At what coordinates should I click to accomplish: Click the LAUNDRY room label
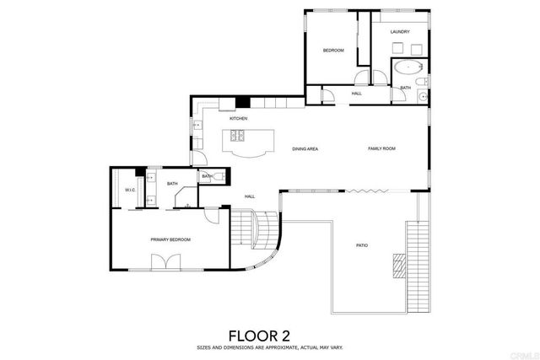point(400,33)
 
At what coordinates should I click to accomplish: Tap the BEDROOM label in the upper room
point(333,51)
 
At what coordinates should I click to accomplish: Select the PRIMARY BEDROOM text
point(170,239)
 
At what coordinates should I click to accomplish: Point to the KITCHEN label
point(238,119)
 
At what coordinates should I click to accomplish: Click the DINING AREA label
point(305,148)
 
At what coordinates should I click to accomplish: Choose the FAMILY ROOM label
point(381,148)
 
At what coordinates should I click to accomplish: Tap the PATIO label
point(361,245)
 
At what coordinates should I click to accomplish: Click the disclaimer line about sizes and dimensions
point(270,347)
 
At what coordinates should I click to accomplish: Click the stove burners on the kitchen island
point(239,135)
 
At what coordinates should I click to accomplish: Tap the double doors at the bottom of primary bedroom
point(165,262)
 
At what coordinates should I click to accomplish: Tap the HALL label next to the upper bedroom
point(356,94)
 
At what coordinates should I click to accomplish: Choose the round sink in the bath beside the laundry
point(422,97)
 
